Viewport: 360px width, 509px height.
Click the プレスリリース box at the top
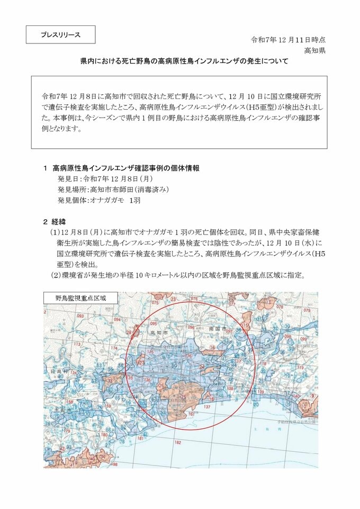tap(61, 35)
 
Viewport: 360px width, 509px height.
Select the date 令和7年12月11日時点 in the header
tap(287, 40)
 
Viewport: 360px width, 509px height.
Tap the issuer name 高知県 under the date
tap(314, 51)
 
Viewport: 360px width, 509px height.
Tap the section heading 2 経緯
tap(54, 221)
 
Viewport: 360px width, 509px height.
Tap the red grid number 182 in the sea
tap(178, 442)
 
